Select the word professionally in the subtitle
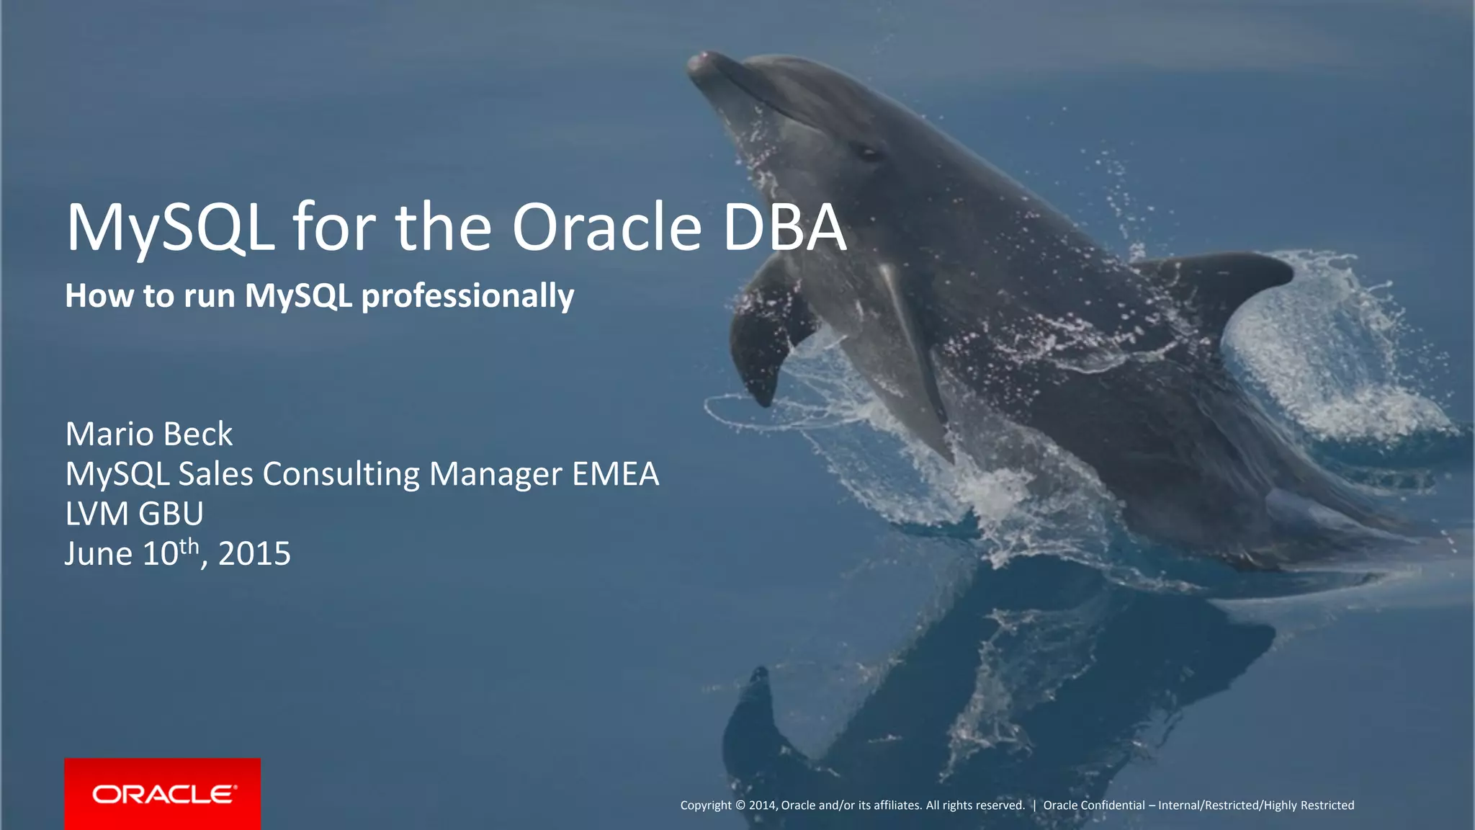click(x=467, y=296)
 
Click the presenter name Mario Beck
click(x=149, y=434)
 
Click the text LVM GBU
click(x=134, y=514)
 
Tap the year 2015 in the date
click(x=254, y=554)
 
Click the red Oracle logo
click(x=163, y=794)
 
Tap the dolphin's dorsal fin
click(x=1224, y=281)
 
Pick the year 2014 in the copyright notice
click(x=762, y=806)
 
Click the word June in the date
click(x=99, y=554)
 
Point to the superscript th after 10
click(x=189, y=545)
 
